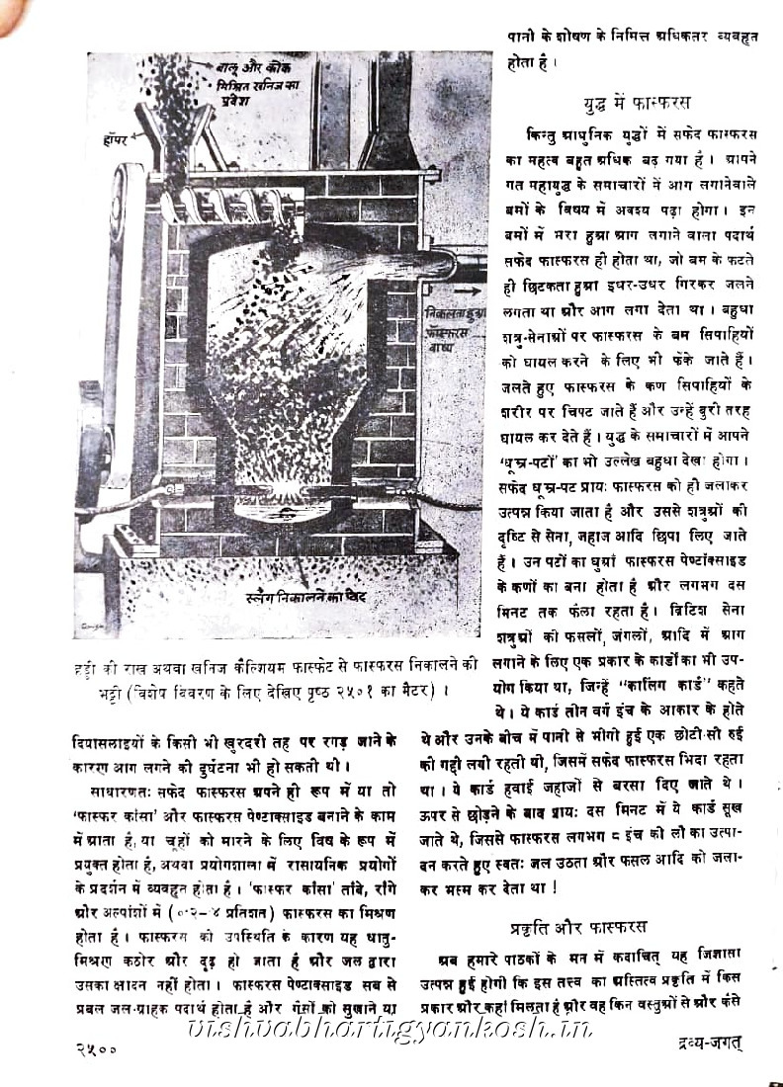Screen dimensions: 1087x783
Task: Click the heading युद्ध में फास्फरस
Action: [x=636, y=103]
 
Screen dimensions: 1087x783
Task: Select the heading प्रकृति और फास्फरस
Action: [x=579, y=927]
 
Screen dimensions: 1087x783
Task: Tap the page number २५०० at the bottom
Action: [x=96, y=1049]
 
